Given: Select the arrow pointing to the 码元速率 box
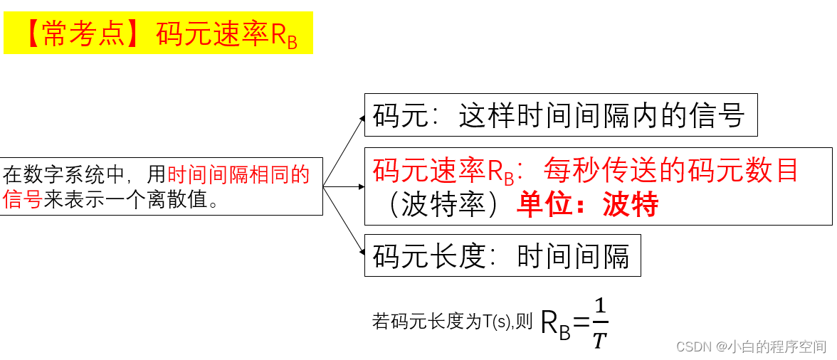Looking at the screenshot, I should click(x=344, y=187).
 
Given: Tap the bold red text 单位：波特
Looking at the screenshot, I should click(x=588, y=205).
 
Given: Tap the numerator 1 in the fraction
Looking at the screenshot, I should click(x=601, y=307).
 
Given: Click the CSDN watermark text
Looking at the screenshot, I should click(x=752, y=346).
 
